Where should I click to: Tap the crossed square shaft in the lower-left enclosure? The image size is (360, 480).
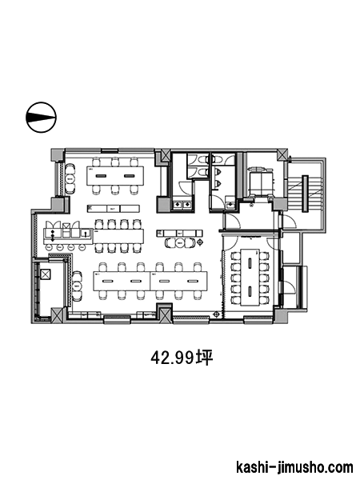[46, 274]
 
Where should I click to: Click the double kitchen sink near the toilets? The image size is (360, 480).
[182, 204]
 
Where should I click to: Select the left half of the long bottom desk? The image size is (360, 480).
[122, 281]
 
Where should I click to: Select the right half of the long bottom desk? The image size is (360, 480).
[178, 281]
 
